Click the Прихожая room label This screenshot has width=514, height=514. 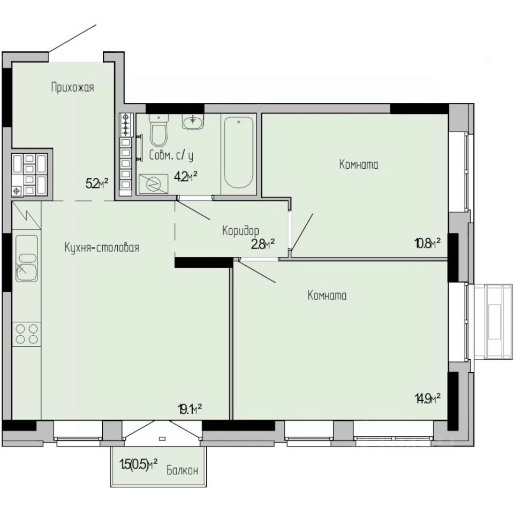(72, 88)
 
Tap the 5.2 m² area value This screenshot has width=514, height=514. (97, 183)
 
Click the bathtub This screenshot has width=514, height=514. (239, 153)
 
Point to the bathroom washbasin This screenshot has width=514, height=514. (193, 122)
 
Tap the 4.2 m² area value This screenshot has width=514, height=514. (186, 177)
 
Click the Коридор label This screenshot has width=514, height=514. (240, 231)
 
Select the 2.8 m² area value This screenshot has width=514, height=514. (262, 244)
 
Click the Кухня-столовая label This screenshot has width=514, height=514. (102, 247)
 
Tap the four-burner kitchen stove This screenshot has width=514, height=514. (26, 334)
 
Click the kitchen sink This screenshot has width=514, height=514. (26, 259)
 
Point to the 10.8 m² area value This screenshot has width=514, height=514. (427, 244)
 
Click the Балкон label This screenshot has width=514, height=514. (182, 471)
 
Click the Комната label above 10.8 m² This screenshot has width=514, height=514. (359, 164)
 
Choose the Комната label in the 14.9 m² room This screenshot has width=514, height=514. (327, 296)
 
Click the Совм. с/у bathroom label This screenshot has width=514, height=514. (171, 155)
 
